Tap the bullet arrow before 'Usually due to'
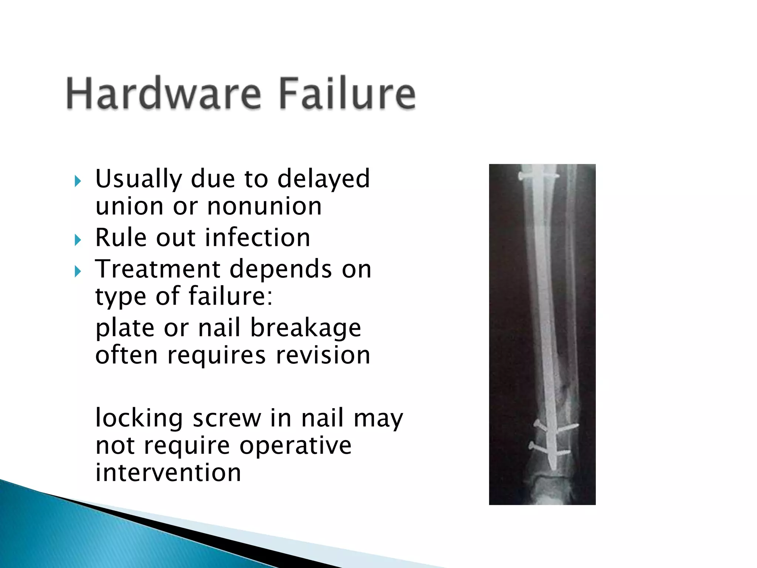[77, 181]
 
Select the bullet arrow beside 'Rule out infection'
[77, 240]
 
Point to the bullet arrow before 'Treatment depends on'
[77, 272]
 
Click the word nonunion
[264, 206]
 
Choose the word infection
[258, 237]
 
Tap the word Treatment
[158, 269]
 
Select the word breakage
[305, 328]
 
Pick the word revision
[323, 355]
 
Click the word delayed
[323, 179]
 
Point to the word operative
[295, 445]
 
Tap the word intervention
[168, 473]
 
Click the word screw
[227, 418]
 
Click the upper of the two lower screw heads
[537, 423]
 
